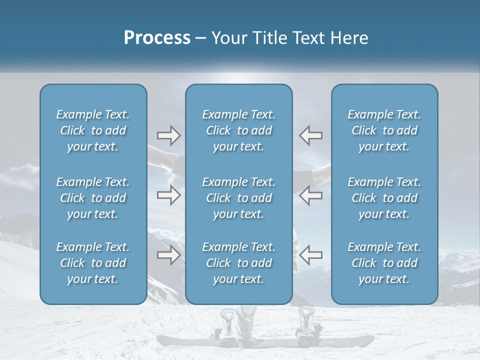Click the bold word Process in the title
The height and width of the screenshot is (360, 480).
(x=157, y=38)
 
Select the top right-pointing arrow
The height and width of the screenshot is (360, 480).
(x=168, y=135)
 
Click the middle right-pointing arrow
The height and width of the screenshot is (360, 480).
(x=168, y=195)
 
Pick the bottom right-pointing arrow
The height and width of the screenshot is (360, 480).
(x=168, y=255)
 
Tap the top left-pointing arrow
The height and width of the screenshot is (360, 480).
(x=310, y=135)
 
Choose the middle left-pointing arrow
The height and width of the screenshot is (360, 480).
(x=310, y=195)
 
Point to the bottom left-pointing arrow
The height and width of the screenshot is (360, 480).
(x=310, y=255)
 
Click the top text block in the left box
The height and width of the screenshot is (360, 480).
(x=93, y=130)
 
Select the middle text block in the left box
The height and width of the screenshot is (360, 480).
(x=93, y=198)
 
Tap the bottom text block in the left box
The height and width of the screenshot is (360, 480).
(x=93, y=263)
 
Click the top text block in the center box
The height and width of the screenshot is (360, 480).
(x=238, y=130)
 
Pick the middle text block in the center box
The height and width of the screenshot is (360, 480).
(x=238, y=198)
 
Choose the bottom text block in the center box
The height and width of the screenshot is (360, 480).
(x=238, y=263)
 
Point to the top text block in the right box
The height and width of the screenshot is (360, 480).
(x=384, y=130)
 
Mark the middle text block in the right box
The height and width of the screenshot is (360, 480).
(x=384, y=198)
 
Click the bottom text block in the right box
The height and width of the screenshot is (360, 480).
(x=384, y=263)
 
